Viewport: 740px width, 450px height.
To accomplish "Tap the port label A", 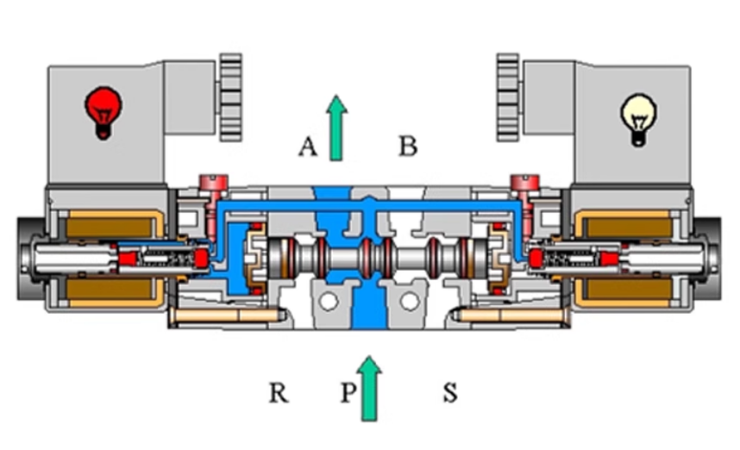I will click(x=308, y=147).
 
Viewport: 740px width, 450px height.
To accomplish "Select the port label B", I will click(x=408, y=147).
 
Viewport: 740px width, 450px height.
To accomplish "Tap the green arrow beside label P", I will click(x=370, y=388).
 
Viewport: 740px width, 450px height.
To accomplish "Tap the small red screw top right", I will click(x=525, y=183).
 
